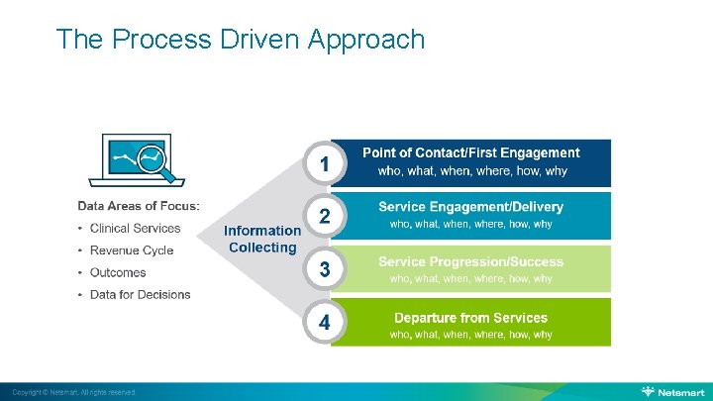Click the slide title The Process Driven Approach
tap(241, 40)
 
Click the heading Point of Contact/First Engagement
tap(470, 152)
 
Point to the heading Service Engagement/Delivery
tap(470, 207)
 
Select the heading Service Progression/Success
tap(470, 261)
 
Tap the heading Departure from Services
tap(470, 317)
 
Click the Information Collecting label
tap(262, 239)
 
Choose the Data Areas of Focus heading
tap(139, 206)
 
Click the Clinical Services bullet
tap(135, 228)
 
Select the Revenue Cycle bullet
tap(131, 251)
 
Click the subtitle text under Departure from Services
tap(470, 335)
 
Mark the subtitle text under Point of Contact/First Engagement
tap(472, 171)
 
